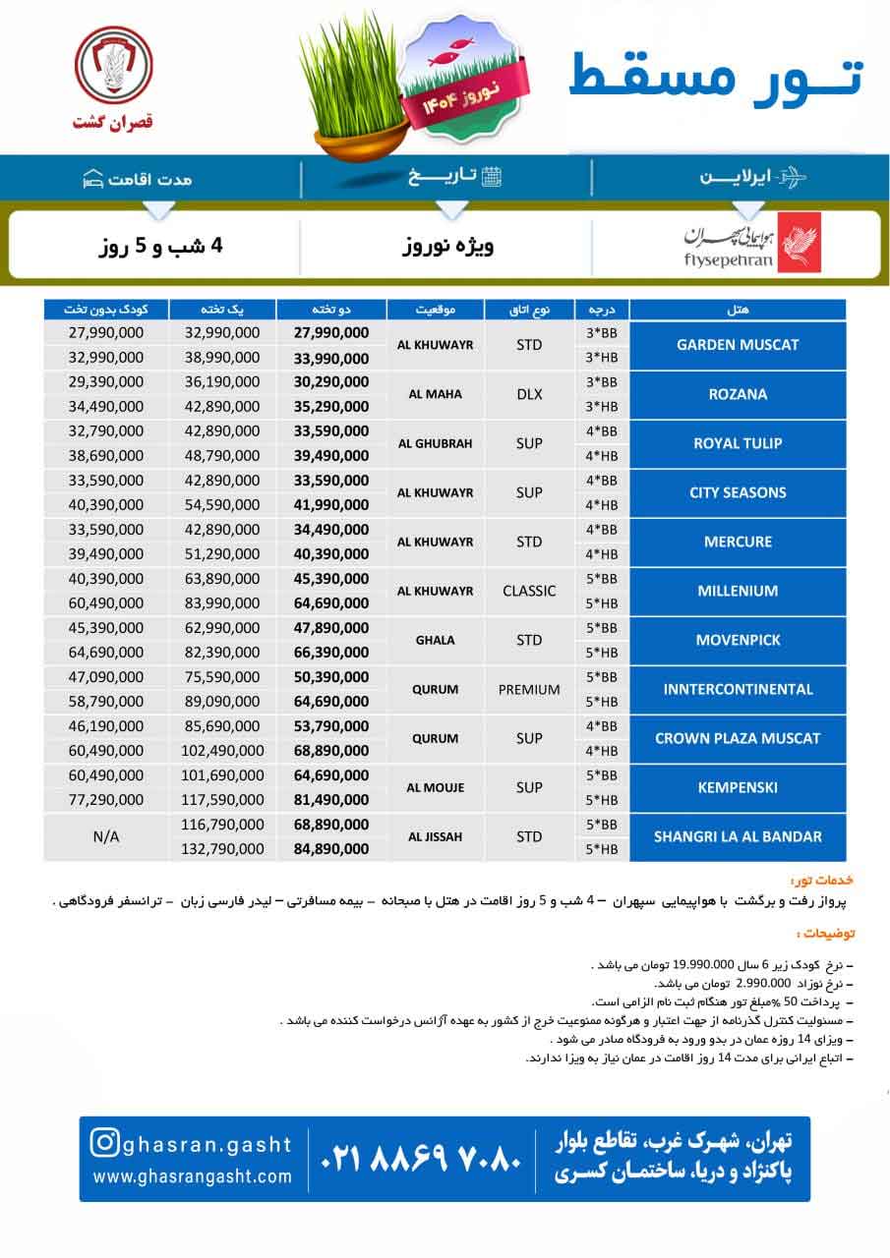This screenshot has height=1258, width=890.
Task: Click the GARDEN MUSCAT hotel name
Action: [x=737, y=345]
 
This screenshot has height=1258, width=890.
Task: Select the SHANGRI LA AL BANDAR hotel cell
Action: [x=737, y=837]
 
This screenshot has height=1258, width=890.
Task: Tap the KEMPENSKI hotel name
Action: [x=737, y=788]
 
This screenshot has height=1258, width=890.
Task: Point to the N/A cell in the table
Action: [x=106, y=837]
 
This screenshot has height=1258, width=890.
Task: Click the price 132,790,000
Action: [x=222, y=849]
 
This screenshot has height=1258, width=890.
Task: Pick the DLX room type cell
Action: [x=529, y=394]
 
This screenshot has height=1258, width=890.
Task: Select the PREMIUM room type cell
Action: [x=529, y=689]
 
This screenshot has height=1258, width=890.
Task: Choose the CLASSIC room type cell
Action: [x=529, y=591]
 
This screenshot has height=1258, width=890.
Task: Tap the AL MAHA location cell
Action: [x=436, y=394]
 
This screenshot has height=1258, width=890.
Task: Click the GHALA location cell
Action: [x=436, y=640]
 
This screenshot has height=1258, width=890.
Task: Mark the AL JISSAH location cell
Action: [x=436, y=837]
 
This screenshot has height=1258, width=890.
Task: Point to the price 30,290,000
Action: [x=331, y=382]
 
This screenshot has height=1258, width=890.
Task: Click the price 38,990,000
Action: [x=222, y=358]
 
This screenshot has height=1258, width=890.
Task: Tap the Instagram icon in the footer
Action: [x=105, y=1144]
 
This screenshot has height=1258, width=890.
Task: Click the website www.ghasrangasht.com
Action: [x=193, y=1176]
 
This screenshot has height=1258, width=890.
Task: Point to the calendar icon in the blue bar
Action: [x=493, y=177]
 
